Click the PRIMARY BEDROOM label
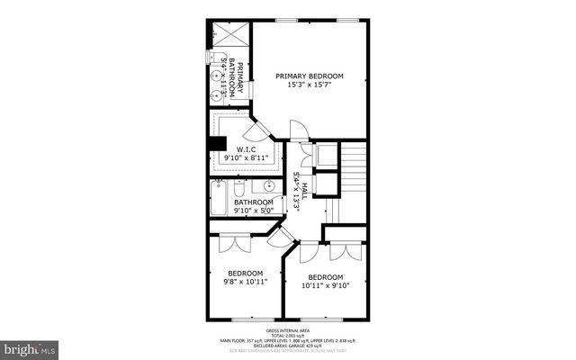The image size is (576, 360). pyautogui.click(x=310, y=76)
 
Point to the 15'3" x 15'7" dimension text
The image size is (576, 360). pyautogui.click(x=310, y=85)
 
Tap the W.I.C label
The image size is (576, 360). pyautogui.click(x=246, y=148)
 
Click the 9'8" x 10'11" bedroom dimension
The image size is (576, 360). pyautogui.click(x=245, y=283)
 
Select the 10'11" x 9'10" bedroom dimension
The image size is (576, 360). pyautogui.click(x=325, y=286)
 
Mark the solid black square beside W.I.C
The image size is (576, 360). pyautogui.click(x=216, y=143)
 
